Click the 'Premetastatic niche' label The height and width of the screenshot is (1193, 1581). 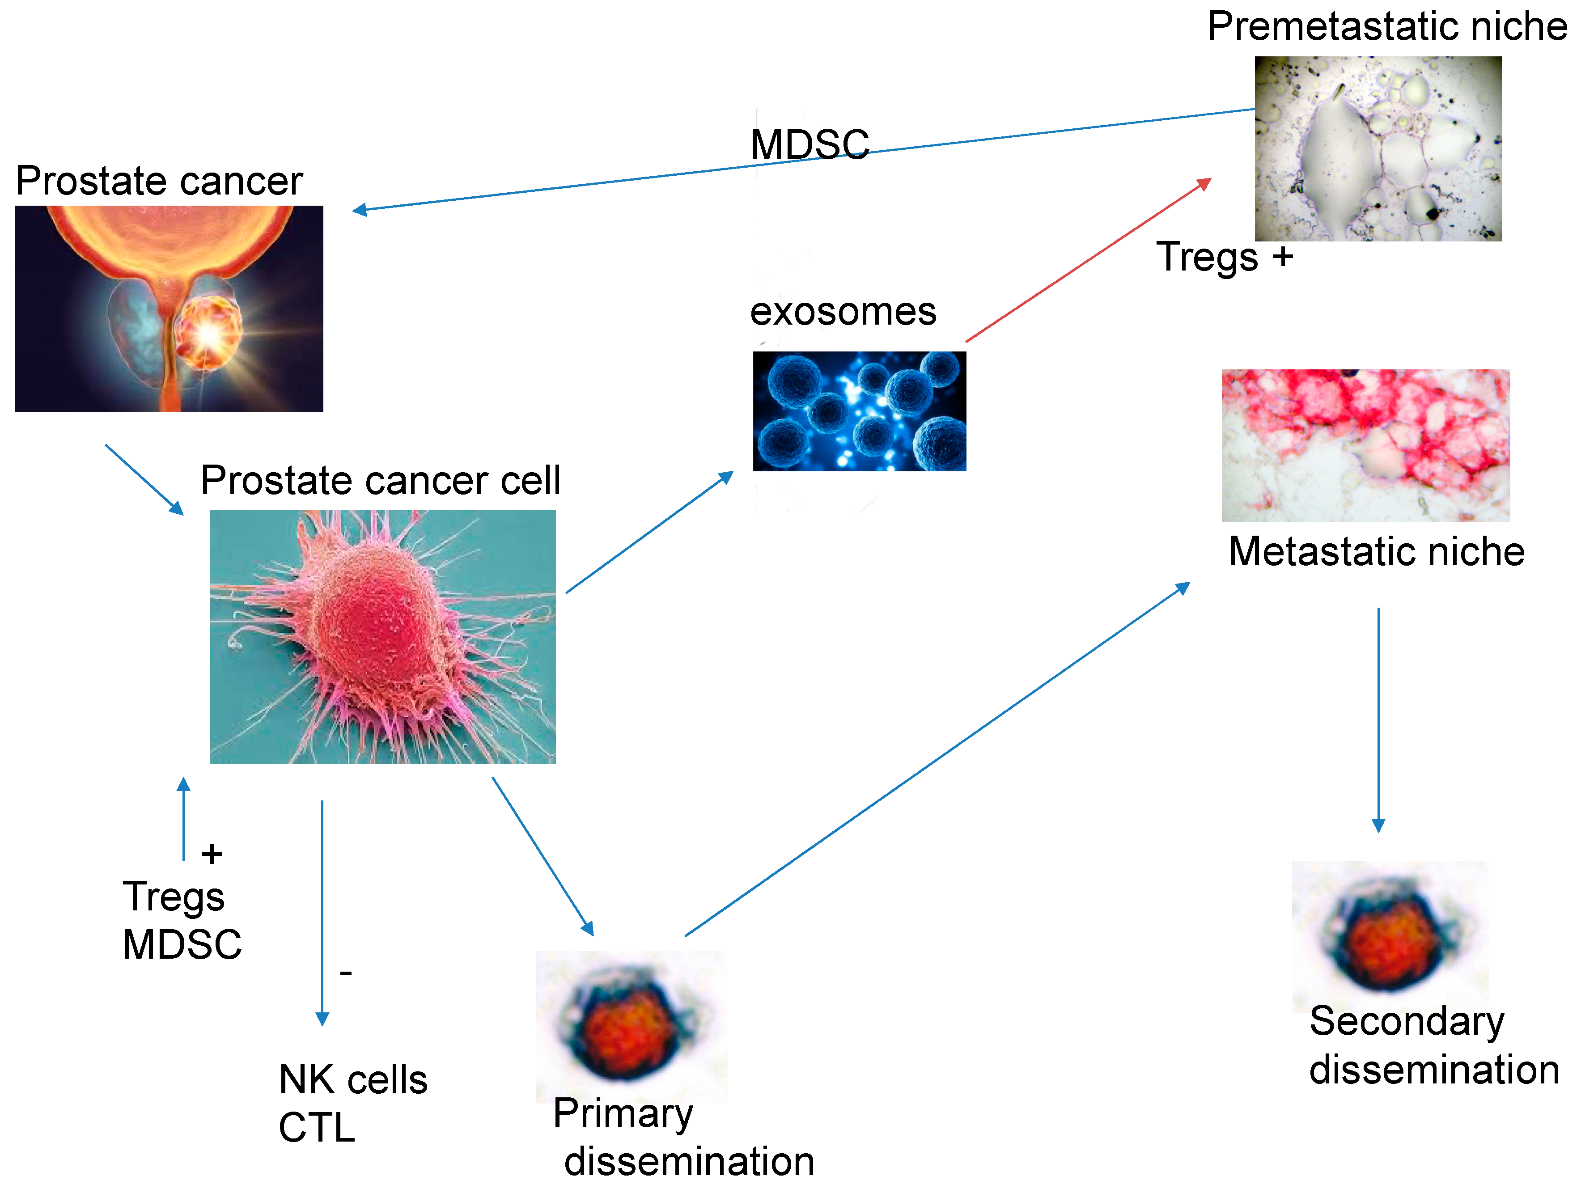click(1386, 27)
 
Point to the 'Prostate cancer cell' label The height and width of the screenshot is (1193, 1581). click(380, 480)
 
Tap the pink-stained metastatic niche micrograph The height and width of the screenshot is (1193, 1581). click(1365, 444)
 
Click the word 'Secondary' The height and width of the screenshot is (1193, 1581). click(1407, 1021)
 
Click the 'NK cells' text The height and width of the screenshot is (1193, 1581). click(353, 1079)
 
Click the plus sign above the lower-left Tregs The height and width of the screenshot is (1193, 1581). click(212, 854)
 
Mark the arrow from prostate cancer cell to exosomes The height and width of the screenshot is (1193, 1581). click(649, 533)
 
